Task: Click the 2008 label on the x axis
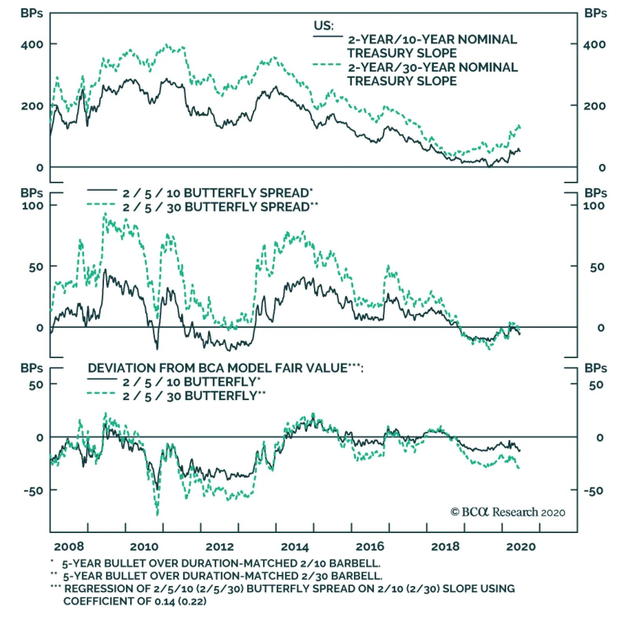(x=69, y=546)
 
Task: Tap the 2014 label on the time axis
(x=295, y=546)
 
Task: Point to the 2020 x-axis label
(x=520, y=546)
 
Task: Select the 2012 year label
(x=219, y=546)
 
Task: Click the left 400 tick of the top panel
(x=32, y=44)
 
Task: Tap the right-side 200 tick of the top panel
(x=594, y=106)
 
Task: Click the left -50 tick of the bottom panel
(x=33, y=491)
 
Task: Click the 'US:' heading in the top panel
(x=323, y=26)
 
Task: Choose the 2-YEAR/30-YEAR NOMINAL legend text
(x=433, y=68)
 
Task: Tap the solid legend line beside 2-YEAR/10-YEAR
(x=328, y=37)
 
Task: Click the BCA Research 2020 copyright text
(x=508, y=512)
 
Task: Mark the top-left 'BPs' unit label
(x=31, y=13)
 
